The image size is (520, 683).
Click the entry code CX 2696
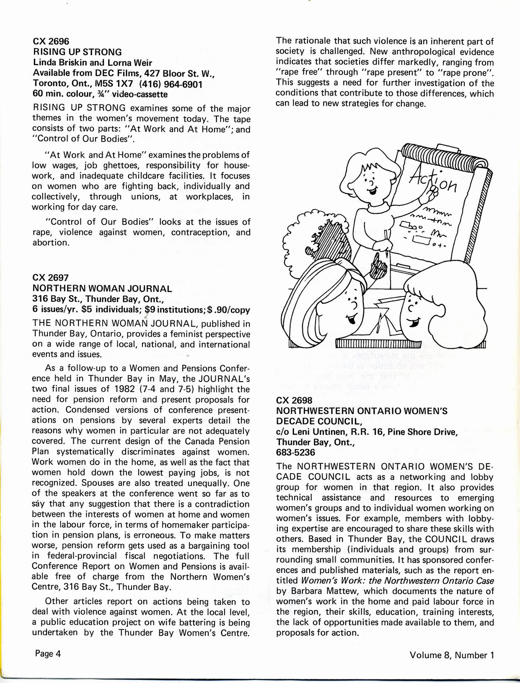(x=51, y=41)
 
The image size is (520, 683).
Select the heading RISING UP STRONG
(x=77, y=52)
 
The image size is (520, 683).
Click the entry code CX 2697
(x=50, y=278)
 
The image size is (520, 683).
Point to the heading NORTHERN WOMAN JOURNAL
(x=102, y=288)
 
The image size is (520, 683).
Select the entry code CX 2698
(x=294, y=400)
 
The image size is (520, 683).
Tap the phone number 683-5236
(x=295, y=452)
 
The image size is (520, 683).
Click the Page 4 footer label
(x=48, y=654)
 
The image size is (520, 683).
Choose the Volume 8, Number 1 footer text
(x=452, y=655)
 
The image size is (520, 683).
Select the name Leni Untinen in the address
(x=317, y=431)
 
